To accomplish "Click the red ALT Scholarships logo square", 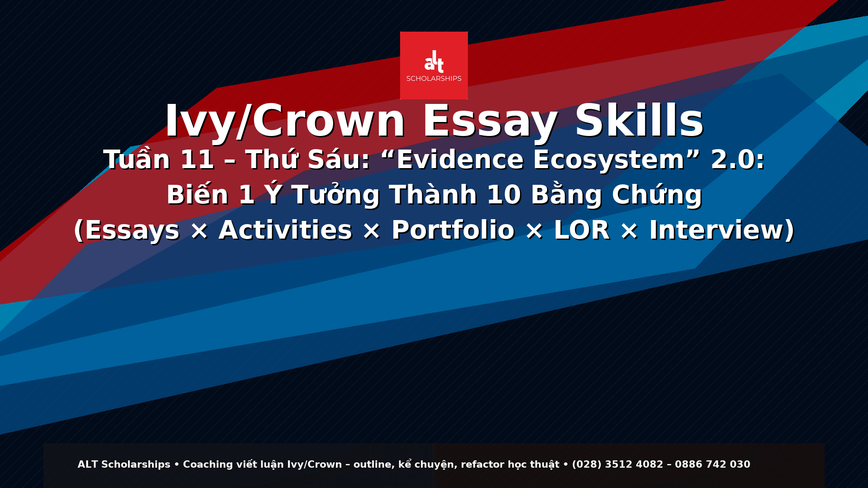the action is (x=434, y=66).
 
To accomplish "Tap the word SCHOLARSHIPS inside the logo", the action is (x=434, y=79).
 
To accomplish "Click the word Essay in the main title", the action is (x=490, y=121).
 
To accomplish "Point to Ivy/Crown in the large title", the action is (x=285, y=121).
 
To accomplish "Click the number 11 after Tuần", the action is (x=197, y=160).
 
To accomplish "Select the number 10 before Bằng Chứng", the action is (x=504, y=195).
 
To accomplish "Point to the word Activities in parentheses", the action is (x=285, y=230).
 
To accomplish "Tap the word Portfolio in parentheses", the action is (x=453, y=230).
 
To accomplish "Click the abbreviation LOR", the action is (x=582, y=230).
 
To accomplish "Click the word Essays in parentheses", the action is (x=132, y=231).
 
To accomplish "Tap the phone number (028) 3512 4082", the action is (x=618, y=465).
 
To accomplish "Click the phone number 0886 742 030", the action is (x=712, y=465).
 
